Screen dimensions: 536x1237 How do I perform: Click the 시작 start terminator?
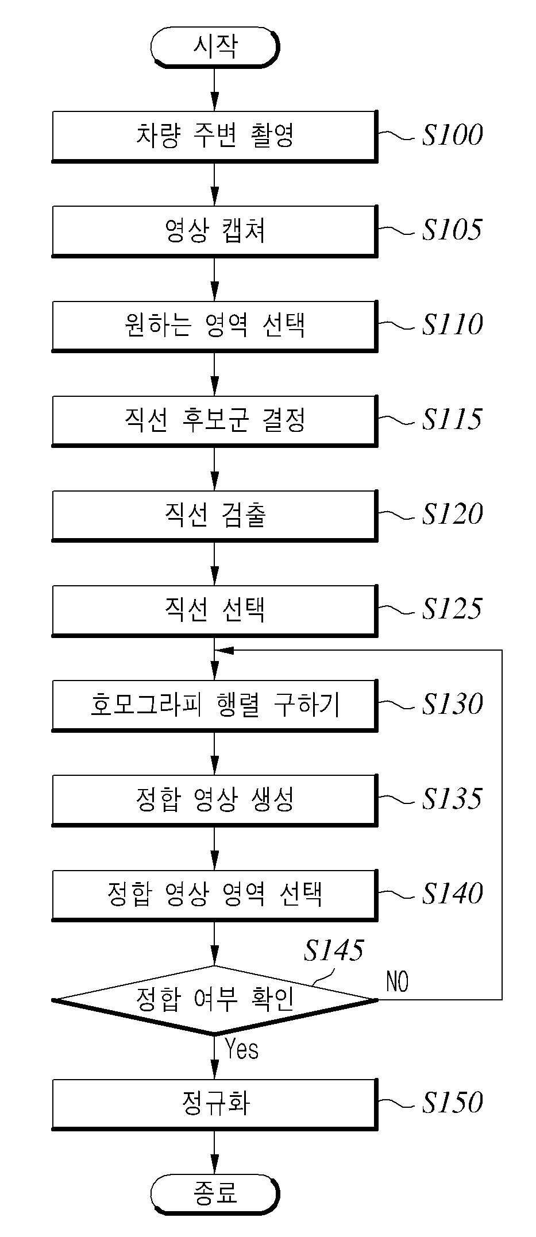pyautogui.click(x=214, y=47)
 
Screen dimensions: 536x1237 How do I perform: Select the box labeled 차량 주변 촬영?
pyautogui.click(x=214, y=136)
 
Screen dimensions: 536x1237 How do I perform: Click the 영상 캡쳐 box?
pyautogui.click(x=214, y=231)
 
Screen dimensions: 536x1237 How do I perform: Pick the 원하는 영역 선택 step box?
pyautogui.click(x=214, y=326)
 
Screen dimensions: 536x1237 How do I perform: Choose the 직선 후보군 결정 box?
pyautogui.click(x=214, y=420)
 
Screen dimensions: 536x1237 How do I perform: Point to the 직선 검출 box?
pyautogui.click(x=214, y=515)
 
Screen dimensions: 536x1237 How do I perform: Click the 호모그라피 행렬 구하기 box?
pyautogui.click(x=214, y=705)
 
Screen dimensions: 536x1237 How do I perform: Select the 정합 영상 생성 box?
pyautogui.click(x=214, y=800)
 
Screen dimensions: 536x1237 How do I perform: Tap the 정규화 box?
pyautogui.click(x=214, y=1104)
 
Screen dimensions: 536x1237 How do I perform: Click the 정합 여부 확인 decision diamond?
pyautogui.click(x=214, y=1000)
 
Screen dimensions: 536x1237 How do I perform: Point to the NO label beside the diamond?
pyautogui.click(x=397, y=981)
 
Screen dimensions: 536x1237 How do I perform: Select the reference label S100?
pyautogui.click(x=452, y=135)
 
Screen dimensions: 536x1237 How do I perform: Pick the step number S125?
pyautogui.click(x=452, y=609)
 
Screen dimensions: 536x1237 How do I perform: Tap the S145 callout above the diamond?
pyautogui.click(x=333, y=950)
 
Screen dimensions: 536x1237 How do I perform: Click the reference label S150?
pyautogui.click(x=452, y=1103)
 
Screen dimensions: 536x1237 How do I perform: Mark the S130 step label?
pyautogui.click(x=452, y=704)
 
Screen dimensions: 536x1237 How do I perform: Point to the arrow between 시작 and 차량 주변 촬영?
pyautogui.click(x=214, y=89)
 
